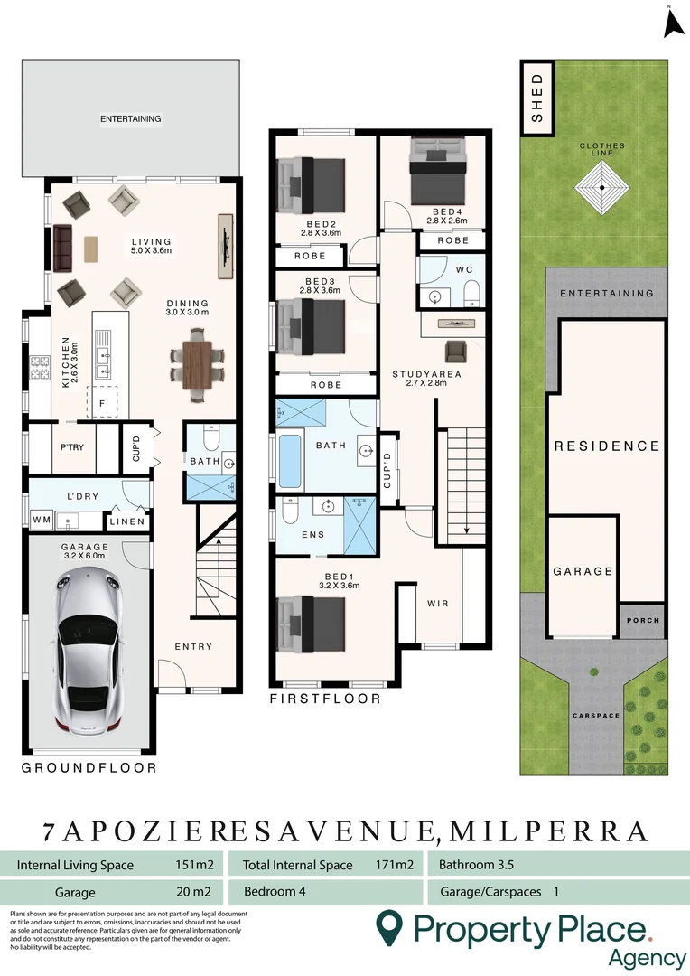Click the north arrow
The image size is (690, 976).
click(671, 23)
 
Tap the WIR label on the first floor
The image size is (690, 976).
click(436, 604)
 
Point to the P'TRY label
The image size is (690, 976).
click(72, 446)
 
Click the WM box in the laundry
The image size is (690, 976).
click(41, 521)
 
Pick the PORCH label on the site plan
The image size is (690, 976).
click(643, 621)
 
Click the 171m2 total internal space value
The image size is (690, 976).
click(394, 865)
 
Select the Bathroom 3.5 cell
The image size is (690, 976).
click(476, 865)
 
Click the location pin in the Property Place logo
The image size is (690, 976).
click(388, 926)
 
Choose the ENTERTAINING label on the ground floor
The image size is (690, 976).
click(131, 118)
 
